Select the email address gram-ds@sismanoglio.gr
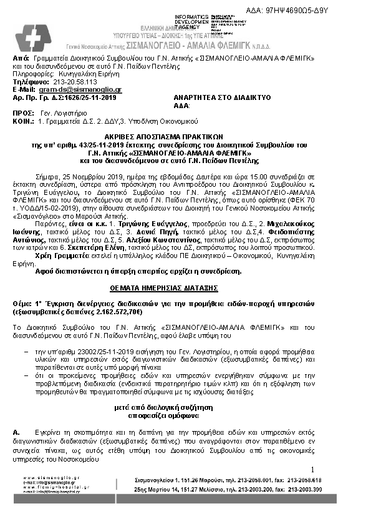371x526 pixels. [x=74, y=89]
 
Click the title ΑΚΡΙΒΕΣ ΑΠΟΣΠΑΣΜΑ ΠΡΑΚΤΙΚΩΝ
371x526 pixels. [x=186, y=135]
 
